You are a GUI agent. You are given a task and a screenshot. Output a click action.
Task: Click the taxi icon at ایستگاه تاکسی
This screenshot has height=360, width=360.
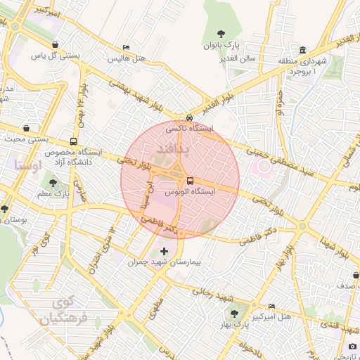click(x=189, y=117)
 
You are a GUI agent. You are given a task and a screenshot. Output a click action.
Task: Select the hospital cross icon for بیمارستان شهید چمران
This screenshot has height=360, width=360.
click(x=165, y=251)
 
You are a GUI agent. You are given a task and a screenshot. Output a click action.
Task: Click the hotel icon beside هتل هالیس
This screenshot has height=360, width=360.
click(x=126, y=47)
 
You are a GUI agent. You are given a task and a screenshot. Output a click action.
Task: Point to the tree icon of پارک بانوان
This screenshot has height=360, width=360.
click(x=221, y=33)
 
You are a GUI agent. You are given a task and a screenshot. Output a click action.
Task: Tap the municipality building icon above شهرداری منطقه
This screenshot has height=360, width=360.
click(x=302, y=50)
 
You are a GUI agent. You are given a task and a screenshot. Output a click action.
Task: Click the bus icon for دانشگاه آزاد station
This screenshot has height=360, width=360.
click(x=74, y=141)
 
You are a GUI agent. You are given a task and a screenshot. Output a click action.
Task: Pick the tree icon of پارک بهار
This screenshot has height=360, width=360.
click(x=233, y=314)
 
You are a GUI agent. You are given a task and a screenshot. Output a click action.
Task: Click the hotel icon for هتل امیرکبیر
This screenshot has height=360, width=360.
click(x=272, y=306)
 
